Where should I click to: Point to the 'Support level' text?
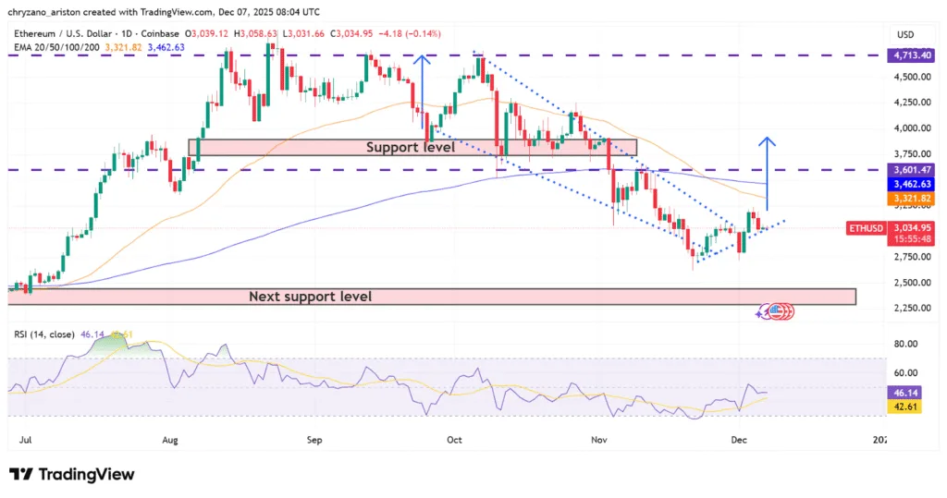pyautogui.click(x=410, y=147)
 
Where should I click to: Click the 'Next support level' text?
pyautogui.click(x=310, y=297)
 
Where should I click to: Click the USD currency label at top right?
pyautogui.click(x=905, y=34)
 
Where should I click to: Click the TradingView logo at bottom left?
pyautogui.click(x=72, y=474)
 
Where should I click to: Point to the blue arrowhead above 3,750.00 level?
pyautogui.click(x=767, y=141)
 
